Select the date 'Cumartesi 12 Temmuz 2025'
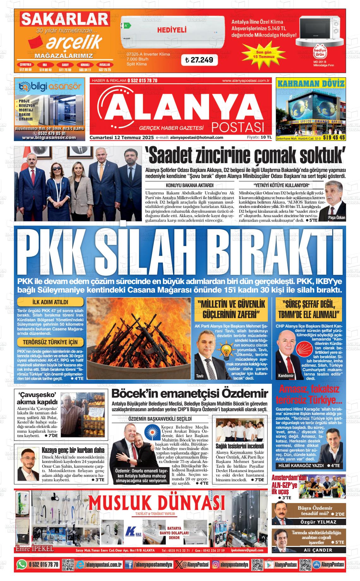pyautogui.click(x=122, y=138)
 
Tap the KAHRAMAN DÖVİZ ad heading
pyautogui.click(x=311, y=84)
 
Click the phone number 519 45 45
pyautogui.click(x=334, y=138)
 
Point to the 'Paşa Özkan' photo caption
pyautogui.click(x=337, y=218)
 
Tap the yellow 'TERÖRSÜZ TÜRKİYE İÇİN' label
pyautogui.click(x=51, y=342)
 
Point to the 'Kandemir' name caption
pyautogui.click(x=285, y=376)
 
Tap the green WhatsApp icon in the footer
pyautogui.click(x=21, y=564)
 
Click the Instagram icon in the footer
pyautogui.click(x=216, y=564)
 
